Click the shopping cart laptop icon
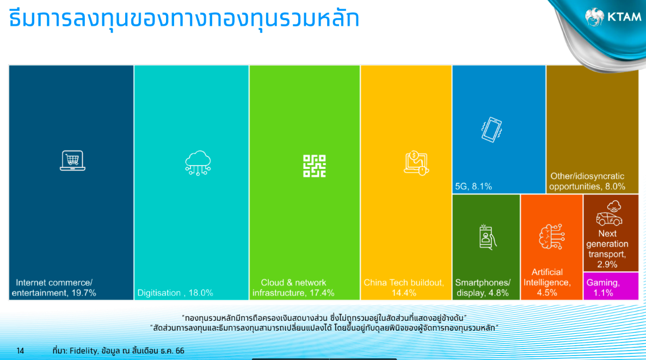click(x=72, y=161)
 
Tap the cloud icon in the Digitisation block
click(x=198, y=163)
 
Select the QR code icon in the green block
click(x=315, y=166)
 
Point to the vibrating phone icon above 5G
click(x=491, y=130)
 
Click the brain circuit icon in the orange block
click(x=552, y=237)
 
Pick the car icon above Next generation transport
click(x=610, y=213)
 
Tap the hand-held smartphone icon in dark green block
click(x=488, y=237)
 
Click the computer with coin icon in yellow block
click(x=416, y=163)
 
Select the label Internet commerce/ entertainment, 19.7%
click(x=54, y=288)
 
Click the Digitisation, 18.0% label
click(x=175, y=293)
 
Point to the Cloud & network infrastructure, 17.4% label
click(x=293, y=288)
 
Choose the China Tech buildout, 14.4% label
click(x=404, y=288)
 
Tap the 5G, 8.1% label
click(x=473, y=186)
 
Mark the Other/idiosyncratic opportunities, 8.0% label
click(x=587, y=181)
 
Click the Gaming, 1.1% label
click(x=603, y=288)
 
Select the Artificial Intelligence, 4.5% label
click(x=547, y=283)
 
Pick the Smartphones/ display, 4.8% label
click(x=482, y=288)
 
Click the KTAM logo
click(x=613, y=17)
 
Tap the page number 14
click(x=20, y=351)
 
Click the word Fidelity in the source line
click(x=84, y=351)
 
